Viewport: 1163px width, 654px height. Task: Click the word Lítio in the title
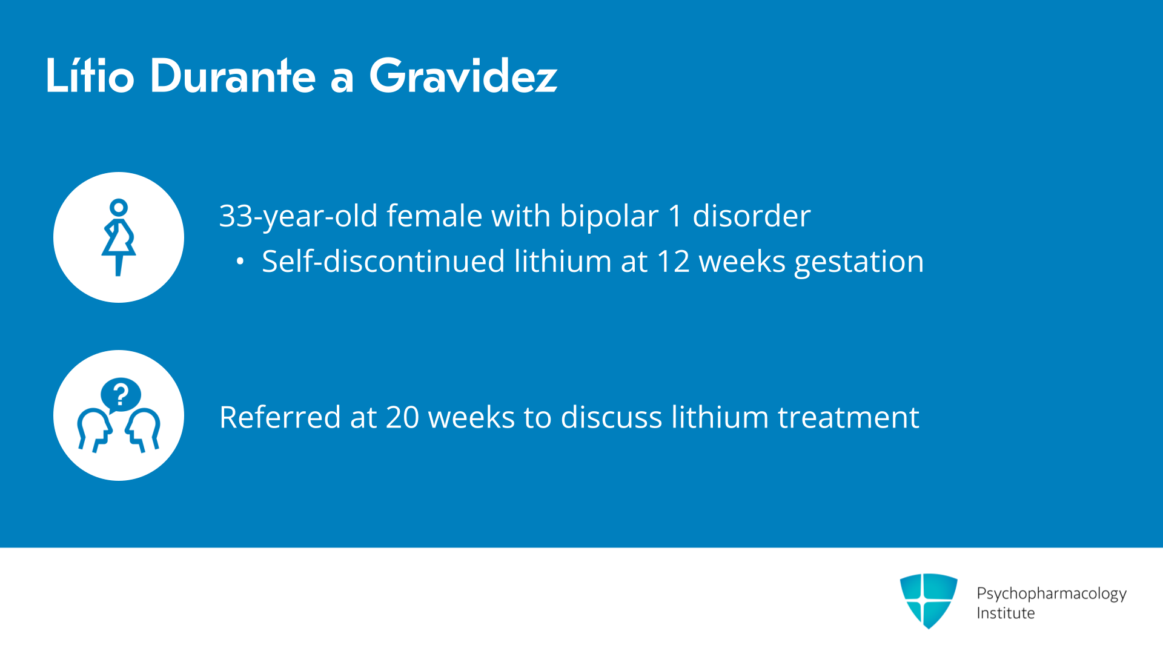[x=90, y=76]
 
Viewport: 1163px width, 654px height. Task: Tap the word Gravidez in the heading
[x=463, y=76]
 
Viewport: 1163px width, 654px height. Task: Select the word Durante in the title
[x=233, y=76]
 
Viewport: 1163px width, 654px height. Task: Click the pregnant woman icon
[x=119, y=237]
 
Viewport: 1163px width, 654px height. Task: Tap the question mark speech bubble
[x=121, y=395]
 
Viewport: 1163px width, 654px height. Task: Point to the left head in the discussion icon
[x=94, y=430]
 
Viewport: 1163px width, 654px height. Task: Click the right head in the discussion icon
[x=143, y=430]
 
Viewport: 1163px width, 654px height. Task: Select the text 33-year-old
[x=299, y=217]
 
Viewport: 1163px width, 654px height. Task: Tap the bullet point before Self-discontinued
[x=240, y=262]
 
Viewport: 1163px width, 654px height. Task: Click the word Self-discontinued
[x=383, y=262]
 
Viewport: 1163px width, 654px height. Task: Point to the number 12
[x=674, y=262]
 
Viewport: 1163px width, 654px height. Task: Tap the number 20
[x=402, y=418]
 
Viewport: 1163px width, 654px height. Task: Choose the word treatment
[x=849, y=418]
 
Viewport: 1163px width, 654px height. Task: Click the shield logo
[x=929, y=601]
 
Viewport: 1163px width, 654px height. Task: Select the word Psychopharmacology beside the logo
[x=1052, y=594]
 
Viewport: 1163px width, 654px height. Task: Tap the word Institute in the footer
[x=1006, y=613]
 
